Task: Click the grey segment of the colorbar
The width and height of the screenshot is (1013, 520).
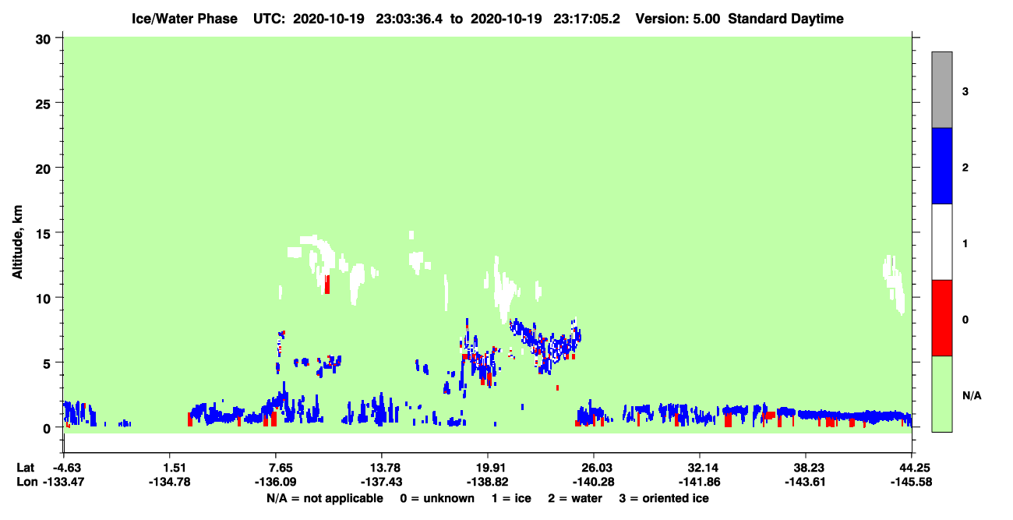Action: point(941,90)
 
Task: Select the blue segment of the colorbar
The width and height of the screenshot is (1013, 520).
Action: point(941,165)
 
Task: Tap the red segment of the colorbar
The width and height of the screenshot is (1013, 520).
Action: point(941,318)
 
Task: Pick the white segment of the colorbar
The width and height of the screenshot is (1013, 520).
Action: point(941,242)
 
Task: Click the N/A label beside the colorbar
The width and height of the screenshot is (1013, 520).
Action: point(972,395)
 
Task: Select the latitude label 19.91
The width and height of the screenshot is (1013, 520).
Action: point(488,468)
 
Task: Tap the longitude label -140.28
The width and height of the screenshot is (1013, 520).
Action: point(593,482)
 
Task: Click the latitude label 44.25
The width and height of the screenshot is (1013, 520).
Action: point(911,468)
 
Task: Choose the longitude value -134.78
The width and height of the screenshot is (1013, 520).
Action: point(170,482)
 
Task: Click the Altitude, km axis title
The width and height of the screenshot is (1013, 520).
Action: point(17,242)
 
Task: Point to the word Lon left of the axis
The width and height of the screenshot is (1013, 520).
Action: point(27,482)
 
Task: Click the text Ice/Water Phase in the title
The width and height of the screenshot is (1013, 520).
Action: point(185,19)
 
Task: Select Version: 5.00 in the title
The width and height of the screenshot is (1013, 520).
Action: point(677,19)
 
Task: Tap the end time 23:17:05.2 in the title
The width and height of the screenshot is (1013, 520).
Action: point(587,19)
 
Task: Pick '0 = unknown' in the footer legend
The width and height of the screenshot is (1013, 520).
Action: point(437,498)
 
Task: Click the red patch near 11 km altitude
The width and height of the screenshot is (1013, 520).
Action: point(327,285)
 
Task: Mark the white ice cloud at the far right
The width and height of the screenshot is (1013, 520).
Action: point(894,283)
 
